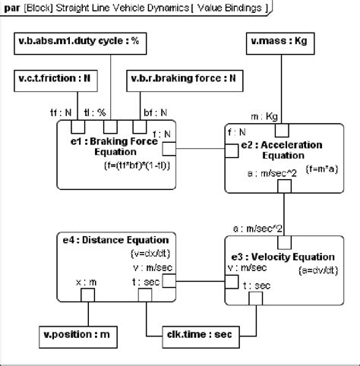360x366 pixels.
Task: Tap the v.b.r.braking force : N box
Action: point(182,77)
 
